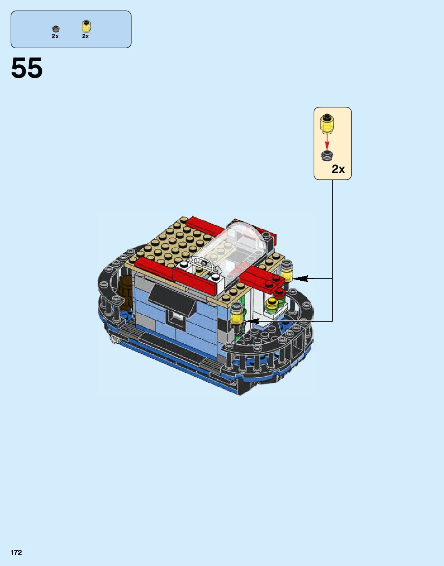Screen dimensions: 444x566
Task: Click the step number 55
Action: click(x=27, y=69)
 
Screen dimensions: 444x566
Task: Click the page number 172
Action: click(x=16, y=553)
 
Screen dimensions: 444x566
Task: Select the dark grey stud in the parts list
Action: click(x=56, y=29)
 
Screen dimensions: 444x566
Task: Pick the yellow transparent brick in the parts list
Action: click(x=86, y=27)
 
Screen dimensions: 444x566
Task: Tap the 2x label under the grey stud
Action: click(x=55, y=36)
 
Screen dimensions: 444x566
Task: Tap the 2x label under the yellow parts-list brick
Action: click(x=85, y=36)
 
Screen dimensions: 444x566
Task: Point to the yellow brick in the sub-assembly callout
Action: click(x=327, y=123)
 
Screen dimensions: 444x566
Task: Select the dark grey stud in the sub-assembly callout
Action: click(x=327, y=155)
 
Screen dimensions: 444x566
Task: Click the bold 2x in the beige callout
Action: click(x=338, y=169)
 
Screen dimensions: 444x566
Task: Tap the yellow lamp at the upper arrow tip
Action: click(x=287, y=271)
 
